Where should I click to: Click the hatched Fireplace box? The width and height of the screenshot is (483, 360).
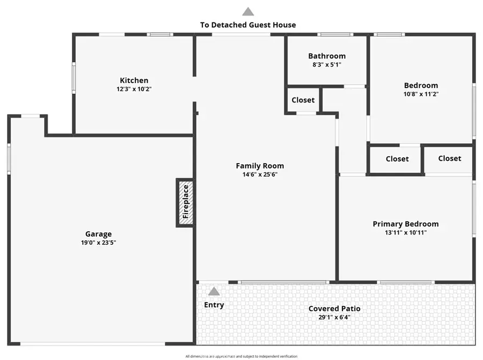185,203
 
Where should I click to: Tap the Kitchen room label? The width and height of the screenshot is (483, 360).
134,80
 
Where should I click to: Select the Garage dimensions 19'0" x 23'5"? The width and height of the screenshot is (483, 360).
99,243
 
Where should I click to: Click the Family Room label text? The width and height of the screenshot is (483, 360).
260,166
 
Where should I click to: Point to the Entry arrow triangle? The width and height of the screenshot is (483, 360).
214,292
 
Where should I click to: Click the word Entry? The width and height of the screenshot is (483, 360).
214,305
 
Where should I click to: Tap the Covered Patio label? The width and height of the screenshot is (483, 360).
334,308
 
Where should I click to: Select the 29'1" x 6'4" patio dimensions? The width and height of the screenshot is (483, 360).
334,317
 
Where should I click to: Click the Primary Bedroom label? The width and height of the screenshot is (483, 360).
406,224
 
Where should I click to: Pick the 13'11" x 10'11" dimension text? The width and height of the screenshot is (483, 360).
406,233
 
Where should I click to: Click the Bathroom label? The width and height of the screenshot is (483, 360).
327,56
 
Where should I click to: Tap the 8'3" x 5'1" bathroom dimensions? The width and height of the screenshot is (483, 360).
327,64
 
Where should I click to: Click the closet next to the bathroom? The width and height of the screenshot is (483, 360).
303,100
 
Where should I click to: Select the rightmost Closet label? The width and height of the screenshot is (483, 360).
449,158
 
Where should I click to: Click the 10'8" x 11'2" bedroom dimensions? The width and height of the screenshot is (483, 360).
421,94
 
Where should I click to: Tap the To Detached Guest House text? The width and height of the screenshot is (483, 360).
248,25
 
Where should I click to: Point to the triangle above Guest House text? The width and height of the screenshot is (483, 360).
248,11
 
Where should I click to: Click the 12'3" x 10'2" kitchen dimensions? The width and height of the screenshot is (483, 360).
134,89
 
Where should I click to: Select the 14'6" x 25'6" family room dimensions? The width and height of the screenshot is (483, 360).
260,174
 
